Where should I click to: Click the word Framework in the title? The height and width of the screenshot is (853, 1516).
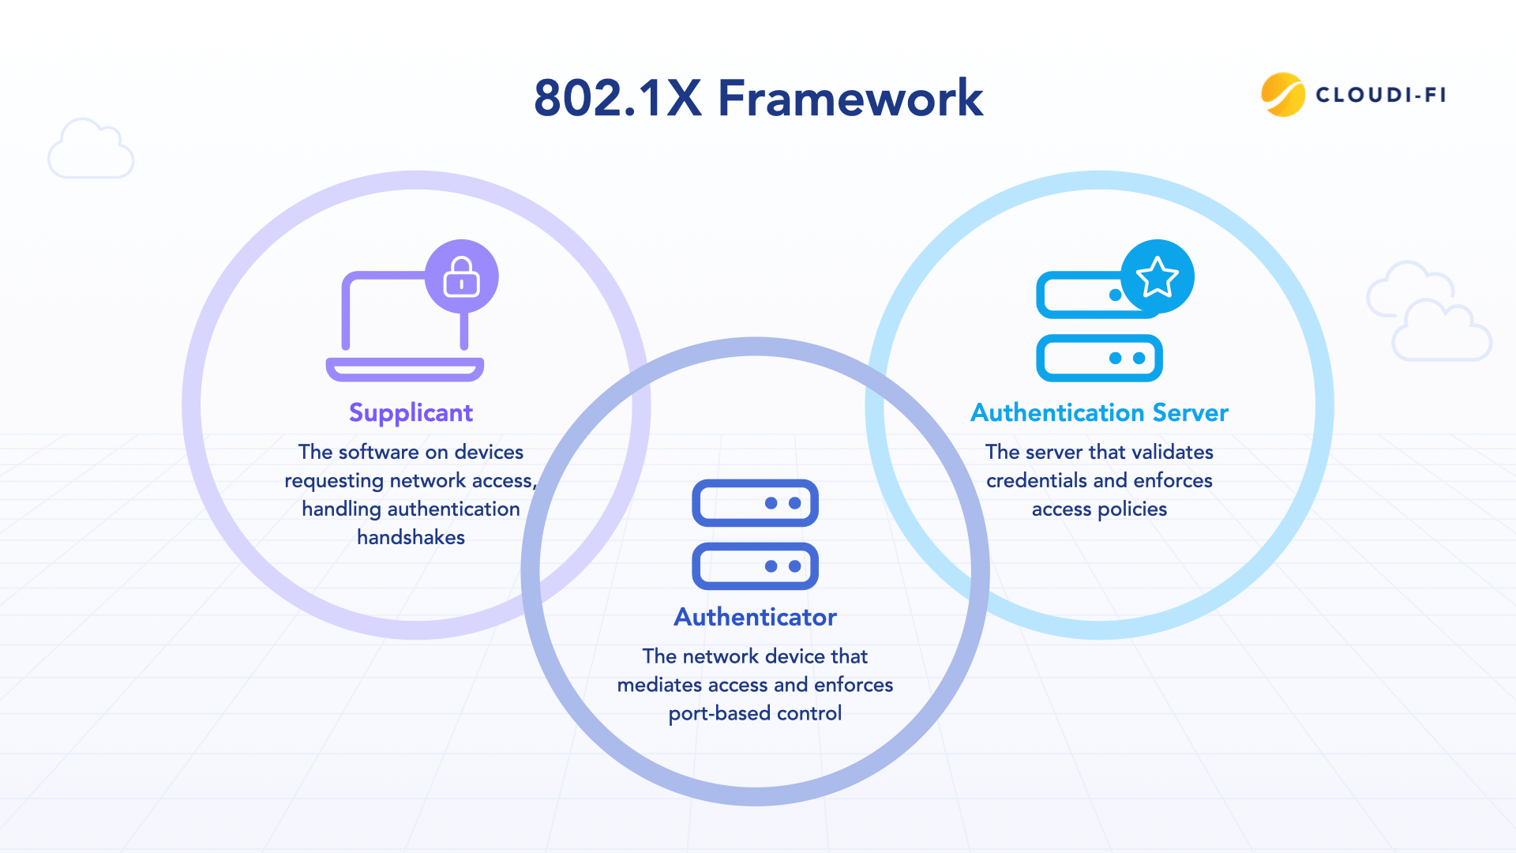point(850,99)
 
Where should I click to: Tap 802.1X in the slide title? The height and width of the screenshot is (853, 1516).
point(617,99)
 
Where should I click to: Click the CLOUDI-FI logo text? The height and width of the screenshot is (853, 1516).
point(1380,95)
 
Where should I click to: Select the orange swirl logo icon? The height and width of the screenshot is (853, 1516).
point(1282,95)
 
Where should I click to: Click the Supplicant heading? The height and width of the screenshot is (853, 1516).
point(411,413)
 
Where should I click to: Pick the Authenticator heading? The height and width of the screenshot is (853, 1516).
point(755,617)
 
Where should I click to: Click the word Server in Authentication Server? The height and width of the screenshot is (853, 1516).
point(1190,413)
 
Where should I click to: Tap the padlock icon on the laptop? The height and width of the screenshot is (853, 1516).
point(462,276)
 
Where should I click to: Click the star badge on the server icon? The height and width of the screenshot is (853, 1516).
point(1158,276)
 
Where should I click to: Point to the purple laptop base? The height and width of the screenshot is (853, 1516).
point(405,369)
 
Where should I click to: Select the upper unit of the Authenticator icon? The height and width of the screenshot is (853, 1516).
point(755,503)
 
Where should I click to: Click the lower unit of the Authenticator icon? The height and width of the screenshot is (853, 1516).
point(755,566)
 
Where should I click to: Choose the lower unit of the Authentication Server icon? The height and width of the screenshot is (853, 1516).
point(1099,358)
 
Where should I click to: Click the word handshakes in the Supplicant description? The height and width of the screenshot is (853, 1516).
point(411,538)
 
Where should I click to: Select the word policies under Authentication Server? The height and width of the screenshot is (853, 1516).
point(1132,509)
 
